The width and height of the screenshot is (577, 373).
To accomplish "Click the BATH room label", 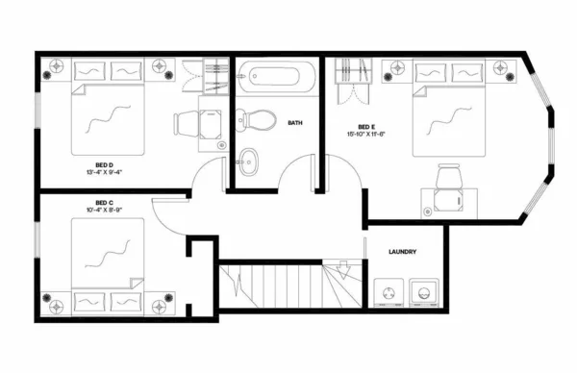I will (296, 123).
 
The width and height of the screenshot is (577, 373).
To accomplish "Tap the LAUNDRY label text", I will (402, 252).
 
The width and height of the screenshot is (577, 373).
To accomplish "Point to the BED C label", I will (105, 203).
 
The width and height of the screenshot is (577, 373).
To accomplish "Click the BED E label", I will (366, 126).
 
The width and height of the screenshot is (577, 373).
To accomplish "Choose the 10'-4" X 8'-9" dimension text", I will (105, 211).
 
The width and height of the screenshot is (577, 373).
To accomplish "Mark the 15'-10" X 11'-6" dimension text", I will (366, 134).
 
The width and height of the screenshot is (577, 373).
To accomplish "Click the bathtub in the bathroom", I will (276, 77).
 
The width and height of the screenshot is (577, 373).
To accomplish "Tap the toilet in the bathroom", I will (257, 120).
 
